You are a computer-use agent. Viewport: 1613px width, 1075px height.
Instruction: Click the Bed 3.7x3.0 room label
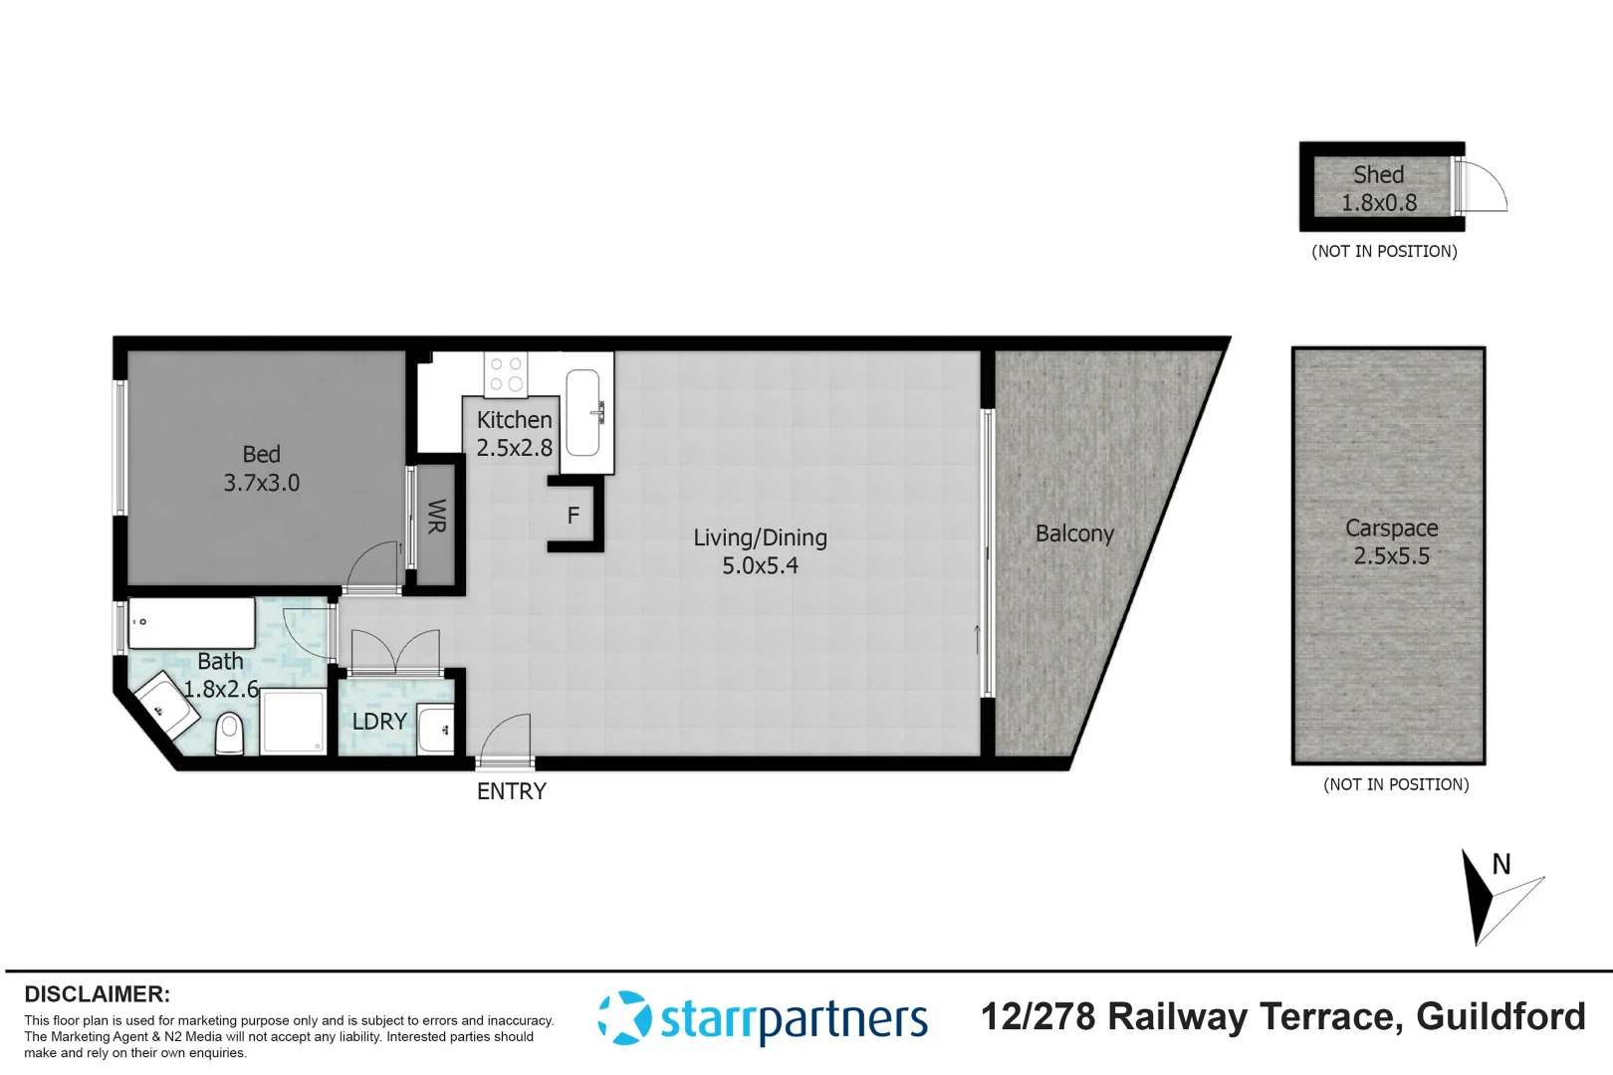tap(261, 469)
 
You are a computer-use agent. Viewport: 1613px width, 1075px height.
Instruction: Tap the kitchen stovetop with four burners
tap(506, 374)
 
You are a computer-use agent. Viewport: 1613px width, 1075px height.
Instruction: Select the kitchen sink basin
tap(582, 412)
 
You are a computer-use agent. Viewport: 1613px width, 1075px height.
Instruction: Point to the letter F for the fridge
tap(573, 516)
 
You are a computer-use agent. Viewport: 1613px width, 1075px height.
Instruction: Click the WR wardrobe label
tap(436, 517)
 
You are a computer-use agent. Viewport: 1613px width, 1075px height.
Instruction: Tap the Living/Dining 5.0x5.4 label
tap(760, 551)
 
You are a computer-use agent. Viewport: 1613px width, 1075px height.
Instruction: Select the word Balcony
tap(1074, 534)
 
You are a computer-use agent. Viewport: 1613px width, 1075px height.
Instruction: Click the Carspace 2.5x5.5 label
tap(1391, 541)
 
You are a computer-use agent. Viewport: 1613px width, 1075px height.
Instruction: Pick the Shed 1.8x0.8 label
tap(1378, 188)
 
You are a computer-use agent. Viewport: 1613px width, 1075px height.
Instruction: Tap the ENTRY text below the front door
tap(511, 791)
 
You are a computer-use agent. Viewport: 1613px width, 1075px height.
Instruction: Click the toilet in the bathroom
tap(230, 735)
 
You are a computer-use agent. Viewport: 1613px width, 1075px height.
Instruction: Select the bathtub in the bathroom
tap(192, 623)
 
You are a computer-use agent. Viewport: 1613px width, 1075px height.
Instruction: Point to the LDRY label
tap(379, 722)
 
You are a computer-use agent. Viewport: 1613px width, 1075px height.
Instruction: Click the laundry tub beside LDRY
tap(436, 730)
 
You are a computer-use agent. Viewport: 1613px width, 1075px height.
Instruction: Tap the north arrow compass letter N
tap(1500, 864)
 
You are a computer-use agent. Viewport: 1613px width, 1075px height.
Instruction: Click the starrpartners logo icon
tap(624, 1017)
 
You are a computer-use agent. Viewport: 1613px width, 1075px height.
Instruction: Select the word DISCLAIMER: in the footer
tap(97, 994)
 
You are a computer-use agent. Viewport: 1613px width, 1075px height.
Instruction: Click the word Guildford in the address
tap(1500, 1016)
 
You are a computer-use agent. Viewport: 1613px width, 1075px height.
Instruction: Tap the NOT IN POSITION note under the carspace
tap(1395, 784)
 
